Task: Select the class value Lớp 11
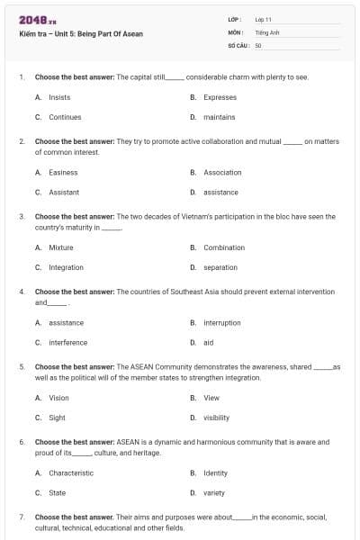(x=264, y=19)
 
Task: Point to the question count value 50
(x=258, y=44)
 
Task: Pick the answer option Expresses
(x=220, y=97)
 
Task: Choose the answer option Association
(x=222, y=172)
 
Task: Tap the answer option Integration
(x=66, y=267)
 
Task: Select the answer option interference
(x=67, y=342)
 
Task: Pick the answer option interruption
(x=222, y=322)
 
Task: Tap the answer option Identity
(x=215, y=472)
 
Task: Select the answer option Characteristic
(x=70, y=472)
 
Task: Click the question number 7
(x=21, y=517)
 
